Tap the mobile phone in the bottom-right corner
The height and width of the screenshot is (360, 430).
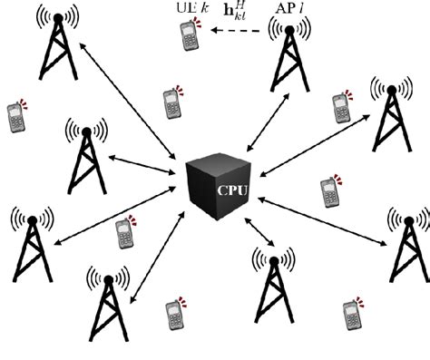tap(351, 313)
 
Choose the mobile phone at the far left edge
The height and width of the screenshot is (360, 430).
tap(15, 117)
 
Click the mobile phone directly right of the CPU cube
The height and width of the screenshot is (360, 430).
tap(328, 191)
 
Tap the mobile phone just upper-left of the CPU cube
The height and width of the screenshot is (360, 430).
tap(170, 103)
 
